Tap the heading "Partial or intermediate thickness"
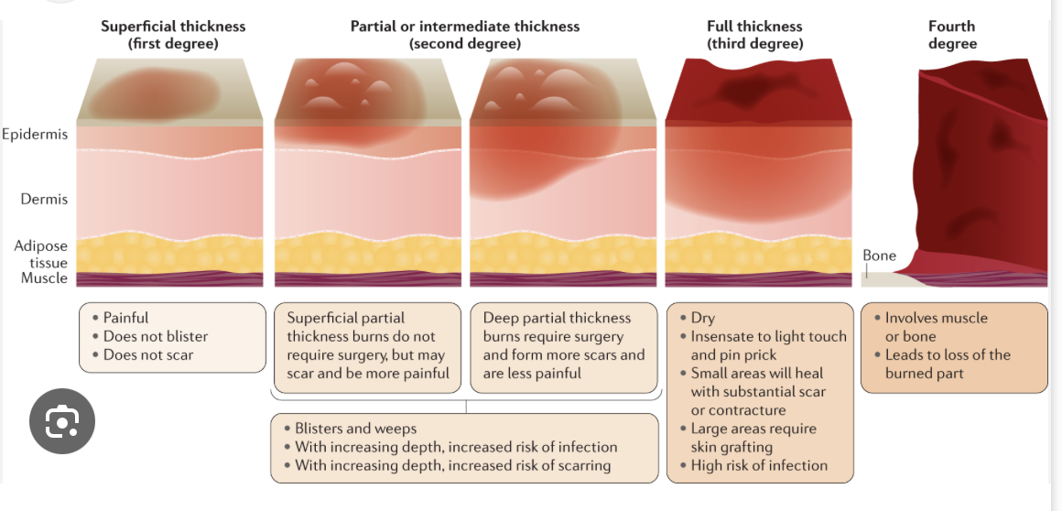[464, 27]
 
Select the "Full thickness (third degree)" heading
[754, 35]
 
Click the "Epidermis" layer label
[35, 135]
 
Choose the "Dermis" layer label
[44, 199]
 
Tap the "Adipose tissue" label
[40, 255]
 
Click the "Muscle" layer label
[44, 278]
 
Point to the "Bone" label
[879, 255]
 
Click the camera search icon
[62, 422]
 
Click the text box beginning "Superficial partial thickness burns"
[367, 345]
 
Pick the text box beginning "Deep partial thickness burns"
[563, 345]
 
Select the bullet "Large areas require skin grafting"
[753, 438]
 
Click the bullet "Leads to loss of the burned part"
[947, 364]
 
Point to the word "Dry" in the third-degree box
[703, 318]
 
